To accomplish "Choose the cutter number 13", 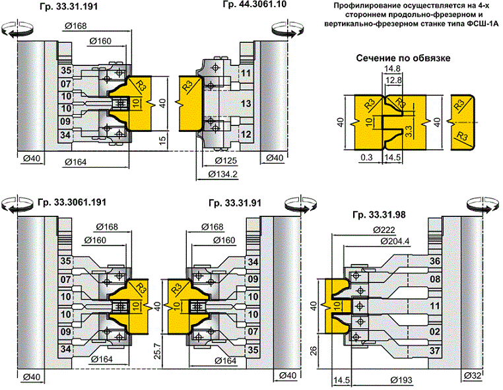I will tap(246, 104).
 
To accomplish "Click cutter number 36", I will tap(434, 261).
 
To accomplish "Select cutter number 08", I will tap(434, 279).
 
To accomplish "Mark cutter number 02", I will tap(434, 330).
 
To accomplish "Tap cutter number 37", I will tap(434, 349).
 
